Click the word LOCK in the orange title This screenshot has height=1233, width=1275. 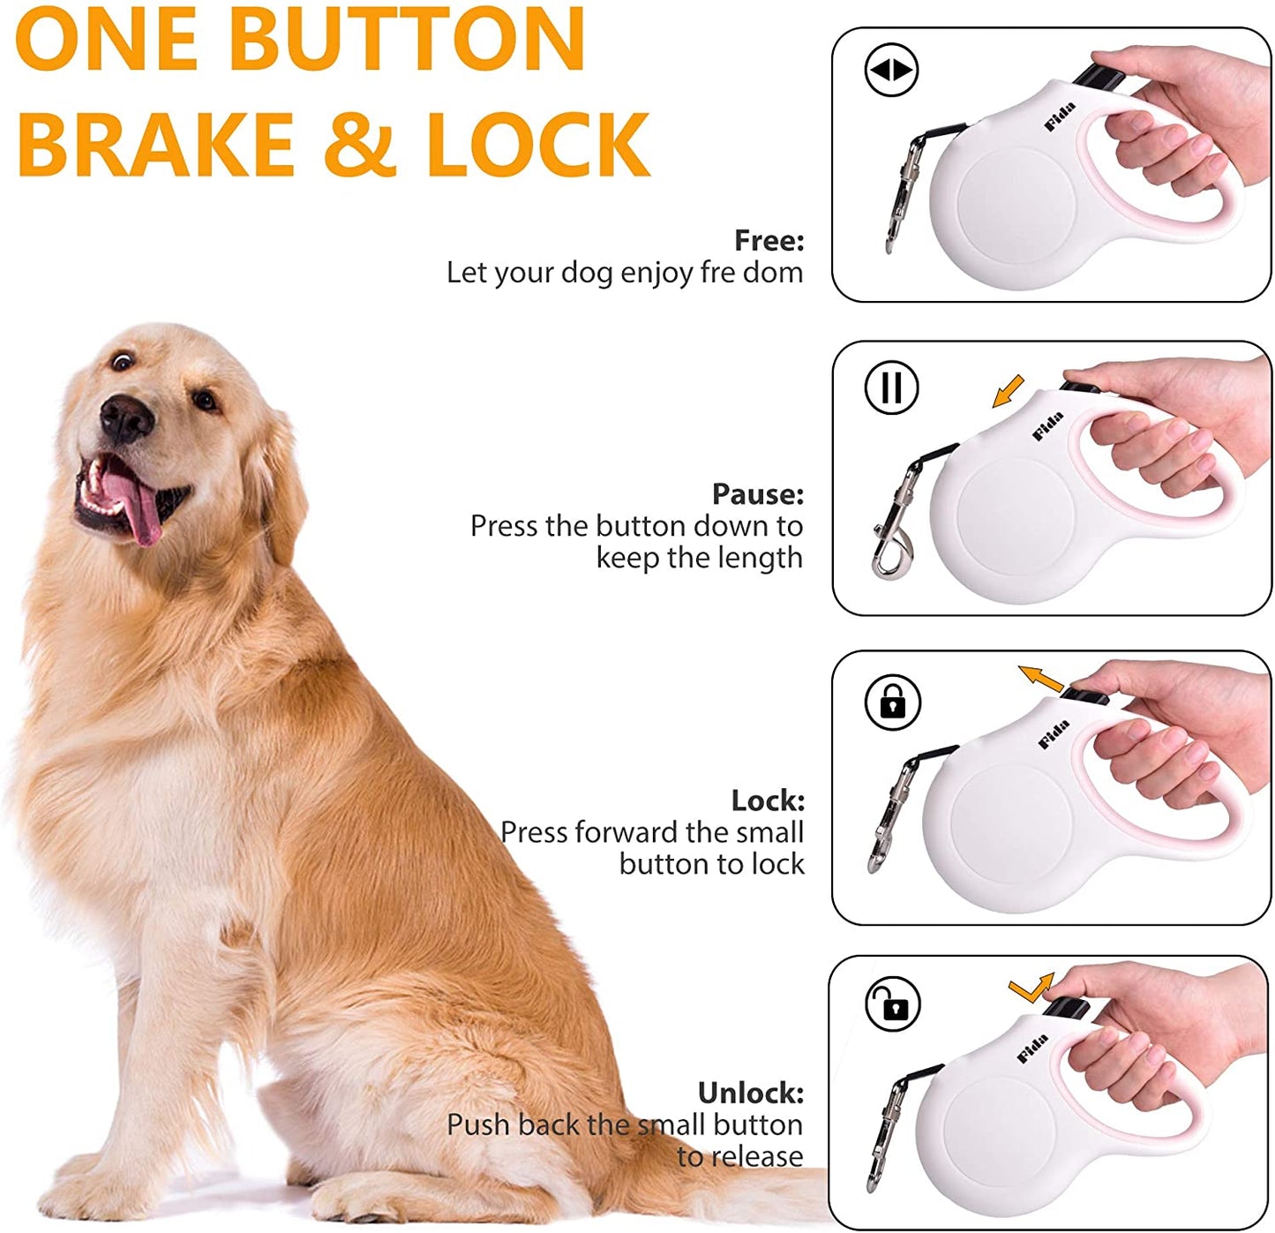click(538, 145)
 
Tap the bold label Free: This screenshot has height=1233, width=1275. click(769, 240)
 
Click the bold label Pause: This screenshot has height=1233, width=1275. click(758, 493)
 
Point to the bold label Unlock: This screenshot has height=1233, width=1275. click(751, 1093)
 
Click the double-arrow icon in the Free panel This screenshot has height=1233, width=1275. click(891, 70)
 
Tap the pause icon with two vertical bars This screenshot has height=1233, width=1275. click(891, 387)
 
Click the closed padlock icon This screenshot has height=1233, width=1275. click(893, 703)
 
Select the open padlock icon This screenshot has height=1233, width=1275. click(893, 1004)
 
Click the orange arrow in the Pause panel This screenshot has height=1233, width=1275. click(1008, 391)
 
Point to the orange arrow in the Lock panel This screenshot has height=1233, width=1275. click(1041, 679)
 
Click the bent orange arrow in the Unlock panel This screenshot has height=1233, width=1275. click(1031, 988)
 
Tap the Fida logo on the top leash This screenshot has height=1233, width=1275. click(1060, 117)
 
